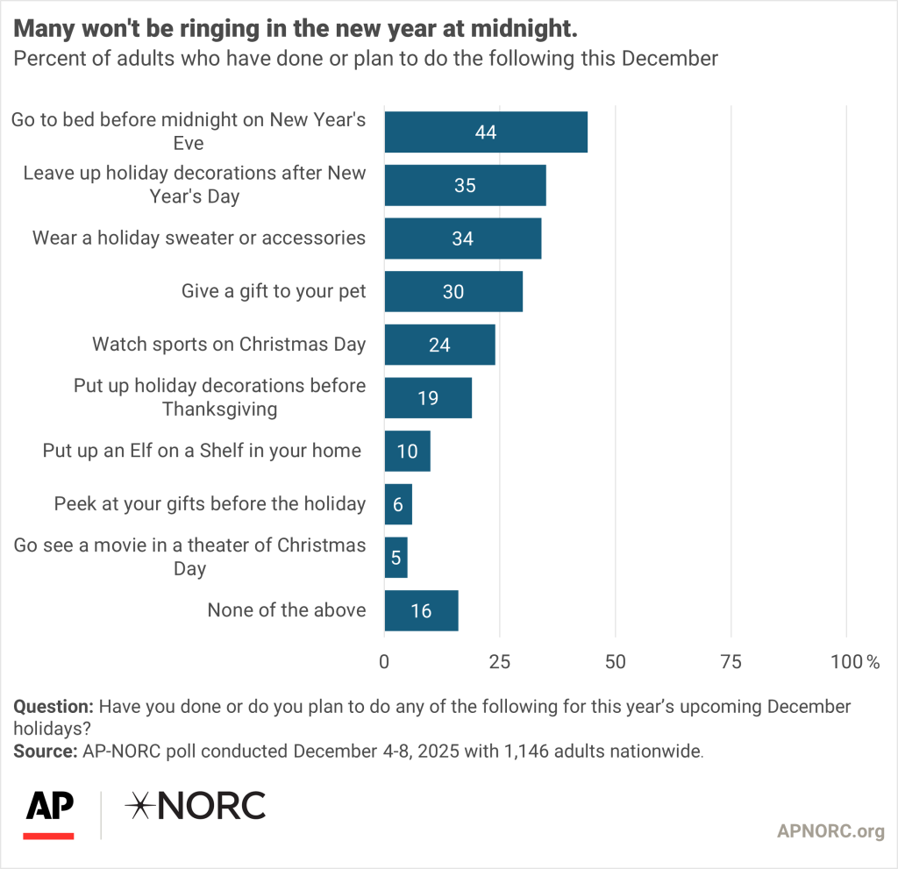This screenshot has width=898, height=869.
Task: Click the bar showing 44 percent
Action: point(486,132)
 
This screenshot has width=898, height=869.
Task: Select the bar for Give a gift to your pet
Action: point(453,291)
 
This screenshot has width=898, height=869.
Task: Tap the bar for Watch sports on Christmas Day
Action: point(439,345)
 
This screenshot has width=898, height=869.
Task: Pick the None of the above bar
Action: point(421,610)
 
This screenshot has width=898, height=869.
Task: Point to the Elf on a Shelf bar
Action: point(408,451)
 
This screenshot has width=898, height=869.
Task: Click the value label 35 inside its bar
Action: point(466,185)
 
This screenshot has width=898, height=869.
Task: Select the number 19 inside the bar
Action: point(429,398)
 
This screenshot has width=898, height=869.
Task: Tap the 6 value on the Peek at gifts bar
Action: point(398,504)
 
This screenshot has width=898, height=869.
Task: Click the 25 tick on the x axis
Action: point(500,662)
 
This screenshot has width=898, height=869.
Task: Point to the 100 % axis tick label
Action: point(855,662)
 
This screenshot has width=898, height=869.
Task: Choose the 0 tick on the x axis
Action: point(384,662)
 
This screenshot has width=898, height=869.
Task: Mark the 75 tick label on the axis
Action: point(731,662)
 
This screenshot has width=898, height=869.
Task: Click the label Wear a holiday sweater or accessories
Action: point(199,238)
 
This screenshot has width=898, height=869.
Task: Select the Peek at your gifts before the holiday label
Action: point(210,503)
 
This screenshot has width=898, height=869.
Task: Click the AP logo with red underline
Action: point(49,813)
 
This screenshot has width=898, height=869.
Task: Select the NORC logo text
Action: point(195,806)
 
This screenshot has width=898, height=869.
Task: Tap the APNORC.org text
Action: point(830,831)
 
